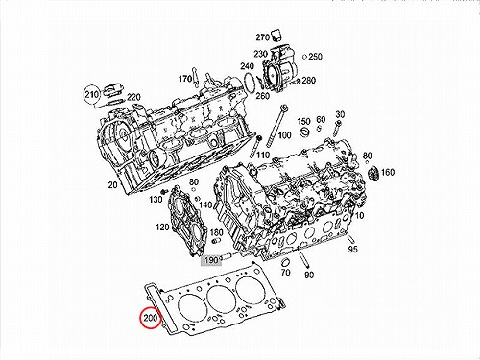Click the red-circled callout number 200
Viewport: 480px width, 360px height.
point(151,318)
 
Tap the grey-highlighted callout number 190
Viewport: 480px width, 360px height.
point(211,260)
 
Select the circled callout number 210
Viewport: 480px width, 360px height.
point(91,95)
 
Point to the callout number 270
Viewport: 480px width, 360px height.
point(262,37)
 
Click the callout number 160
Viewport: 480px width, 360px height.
point(388,172)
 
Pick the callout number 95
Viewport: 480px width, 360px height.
point(352,249)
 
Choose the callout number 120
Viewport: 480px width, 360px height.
point(162,228)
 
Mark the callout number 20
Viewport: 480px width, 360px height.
point(112,184)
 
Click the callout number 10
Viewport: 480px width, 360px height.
point(359,215)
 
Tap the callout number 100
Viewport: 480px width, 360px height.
point(284,135)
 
